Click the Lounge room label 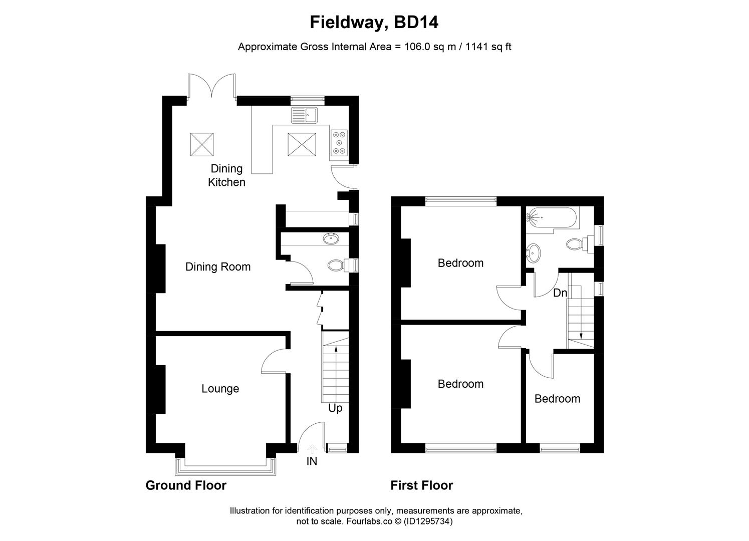(x=220, y=389)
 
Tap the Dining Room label (x=218, y=267)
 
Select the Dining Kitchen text (x=226, y=175)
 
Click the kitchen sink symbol (x=304, y=115)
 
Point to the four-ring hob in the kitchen (x=339, y=142)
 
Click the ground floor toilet (x=335, y=265)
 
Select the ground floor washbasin (x=331, y=239)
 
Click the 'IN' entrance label (x=312, y=461)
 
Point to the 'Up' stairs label (x=335, y=408)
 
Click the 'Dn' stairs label (x=560, y=293)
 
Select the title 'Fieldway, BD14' (x=374, y=23)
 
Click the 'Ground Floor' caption (x=186, y=485)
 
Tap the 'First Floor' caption (x=422, y=485)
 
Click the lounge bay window (x=225, y=466)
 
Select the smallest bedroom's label (x=557, y=399)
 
